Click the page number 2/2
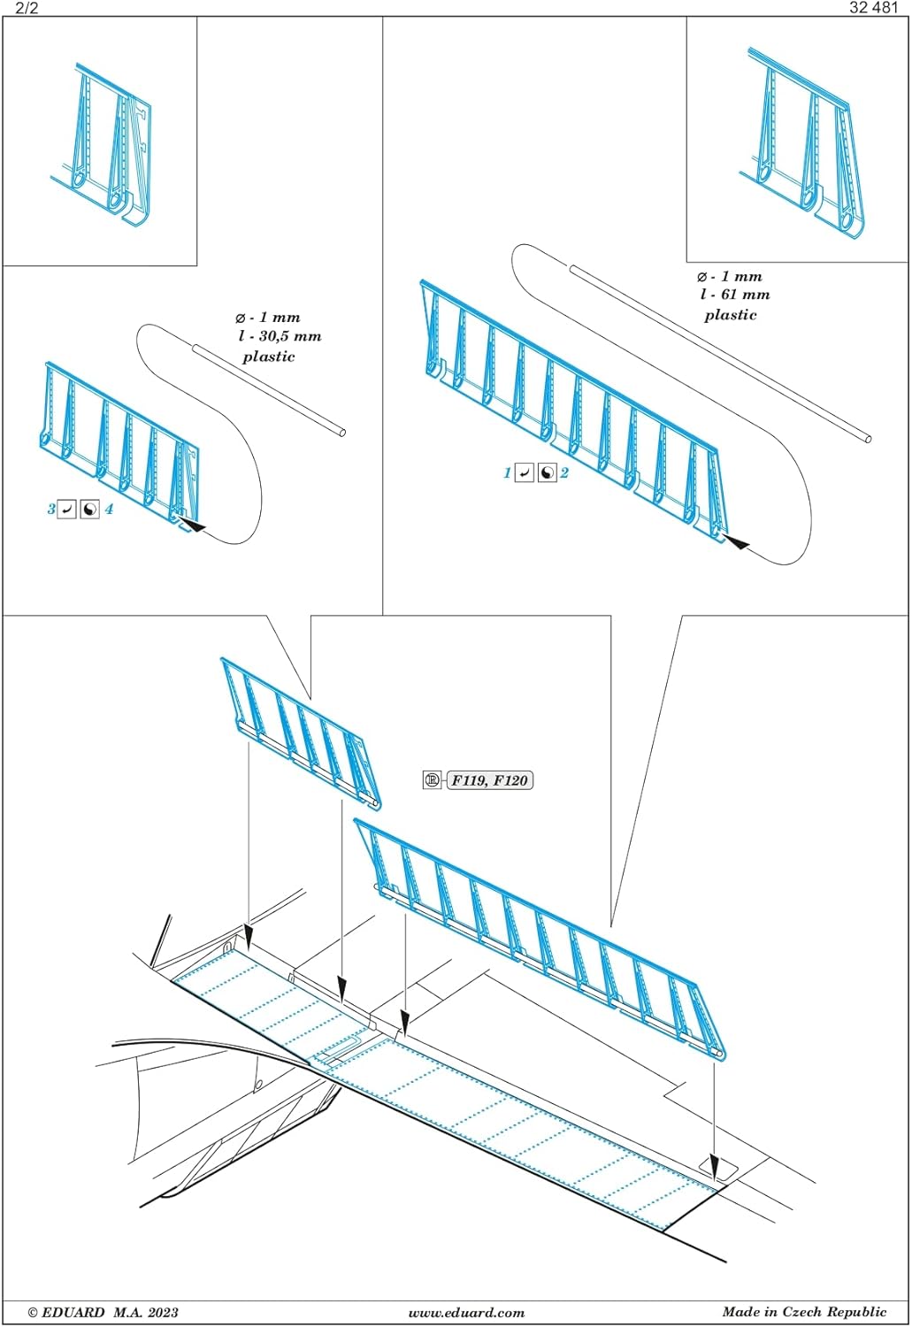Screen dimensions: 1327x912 click(x=27, y=8)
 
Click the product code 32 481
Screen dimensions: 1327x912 click(x=873, y=8)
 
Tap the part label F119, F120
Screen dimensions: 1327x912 click(x=489, y=780)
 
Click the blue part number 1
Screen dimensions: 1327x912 click(x=507, y=473)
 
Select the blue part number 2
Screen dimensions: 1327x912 click(x=564, y=473)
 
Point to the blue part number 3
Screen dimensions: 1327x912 click(x=51, y=510)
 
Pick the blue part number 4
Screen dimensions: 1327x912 click(x=109, y=510)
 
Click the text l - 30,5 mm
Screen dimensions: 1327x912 click(x=280, y=337)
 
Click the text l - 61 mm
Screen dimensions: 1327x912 click(x=734, y=295)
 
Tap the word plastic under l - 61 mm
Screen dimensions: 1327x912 click(x=731, y=315)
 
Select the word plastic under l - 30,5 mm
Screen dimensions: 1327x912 click(x=268, y=357)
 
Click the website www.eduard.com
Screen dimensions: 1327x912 click(x=466, y=1313)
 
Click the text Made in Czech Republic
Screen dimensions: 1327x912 click(x=804, y=1312)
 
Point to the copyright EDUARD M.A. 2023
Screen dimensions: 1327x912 click(x=103, y=1313)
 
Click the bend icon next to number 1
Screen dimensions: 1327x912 click(x=525, y=473)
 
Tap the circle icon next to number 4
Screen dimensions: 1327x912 click(x=89, y=510)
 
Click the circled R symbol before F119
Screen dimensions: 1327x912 click(x=432, y=780)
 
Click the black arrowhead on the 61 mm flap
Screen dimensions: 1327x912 click(x=736, y=541)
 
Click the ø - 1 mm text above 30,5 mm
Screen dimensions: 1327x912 click(x=267, y=318)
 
